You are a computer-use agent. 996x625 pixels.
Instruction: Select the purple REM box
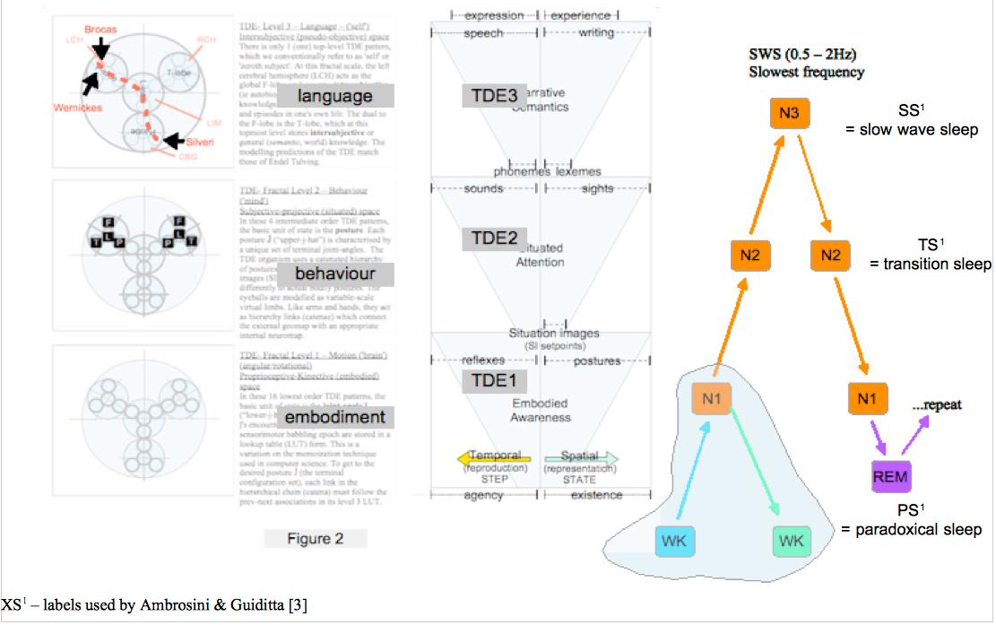pyautogui.click(x=889, y=474)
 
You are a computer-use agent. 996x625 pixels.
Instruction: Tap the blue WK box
pyautogui.click(x=675, y=541)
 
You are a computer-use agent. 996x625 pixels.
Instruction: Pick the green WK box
pyautogui.click(x=791, y=541)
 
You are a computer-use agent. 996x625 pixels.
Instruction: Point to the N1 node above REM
pyautogui.click(x=866, y=398)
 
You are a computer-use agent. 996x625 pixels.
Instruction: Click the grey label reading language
pyautogui.click(x=336, y=96)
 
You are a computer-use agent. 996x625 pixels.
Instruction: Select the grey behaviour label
pyautogui.click(x=336, y=273)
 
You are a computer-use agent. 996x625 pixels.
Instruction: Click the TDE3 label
pyautogui.click(x=494, y=95)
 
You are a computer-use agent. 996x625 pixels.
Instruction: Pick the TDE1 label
pyautogui.click(x=494, y=380)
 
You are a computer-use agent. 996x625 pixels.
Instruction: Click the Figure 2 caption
pyautogui.click(x=315, y=539)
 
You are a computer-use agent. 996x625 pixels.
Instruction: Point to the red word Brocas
pyautogui.click(x=102, y=30)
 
